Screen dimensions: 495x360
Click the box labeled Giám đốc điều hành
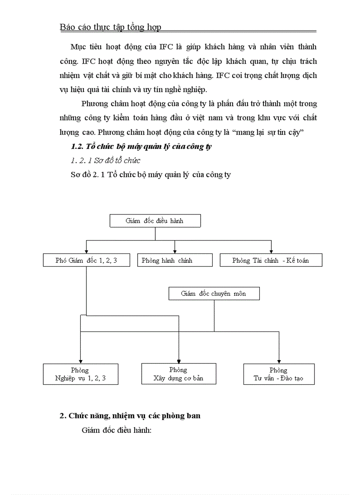[154, 221]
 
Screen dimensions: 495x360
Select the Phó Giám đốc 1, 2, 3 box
[86, 261]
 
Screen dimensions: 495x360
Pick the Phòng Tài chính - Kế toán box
[271, 261]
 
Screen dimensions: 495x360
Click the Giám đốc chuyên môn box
[214, 294]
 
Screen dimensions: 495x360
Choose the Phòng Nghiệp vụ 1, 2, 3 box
[80, 374]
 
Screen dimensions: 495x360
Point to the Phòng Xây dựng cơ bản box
[178, 374]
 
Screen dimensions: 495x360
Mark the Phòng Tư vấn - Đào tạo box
[279, 374]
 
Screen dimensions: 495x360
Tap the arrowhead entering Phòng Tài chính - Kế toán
[271, 251]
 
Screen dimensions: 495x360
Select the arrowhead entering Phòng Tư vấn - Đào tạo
[279, 361]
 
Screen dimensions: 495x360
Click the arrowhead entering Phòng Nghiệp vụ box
[80, 361]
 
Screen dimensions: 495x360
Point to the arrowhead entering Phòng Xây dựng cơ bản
[178, 360]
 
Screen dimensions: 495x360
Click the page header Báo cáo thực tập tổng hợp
[110, 27]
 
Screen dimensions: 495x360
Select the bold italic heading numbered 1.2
[141, 147]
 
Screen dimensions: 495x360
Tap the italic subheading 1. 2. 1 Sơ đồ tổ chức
[106, 160]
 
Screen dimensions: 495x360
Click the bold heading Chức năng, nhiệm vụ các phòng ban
[130, 416]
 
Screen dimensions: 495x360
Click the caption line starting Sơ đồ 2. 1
[150, 175]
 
